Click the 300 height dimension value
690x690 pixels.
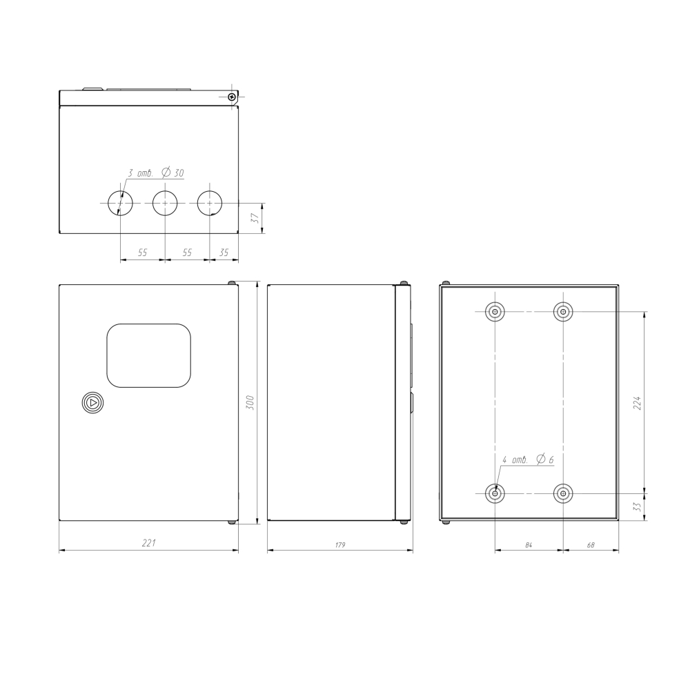pos(250,403)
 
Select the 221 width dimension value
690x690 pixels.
pos(149,542)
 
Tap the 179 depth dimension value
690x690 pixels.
pos(340,545)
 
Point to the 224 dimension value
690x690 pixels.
pos(637,403)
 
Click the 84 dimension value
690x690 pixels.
pos(529,545)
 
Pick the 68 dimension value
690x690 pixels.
pos(591,545)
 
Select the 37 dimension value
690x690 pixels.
pos(255,218)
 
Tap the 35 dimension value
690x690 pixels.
pos(224,253)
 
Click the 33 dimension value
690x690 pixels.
pos(637,507)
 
